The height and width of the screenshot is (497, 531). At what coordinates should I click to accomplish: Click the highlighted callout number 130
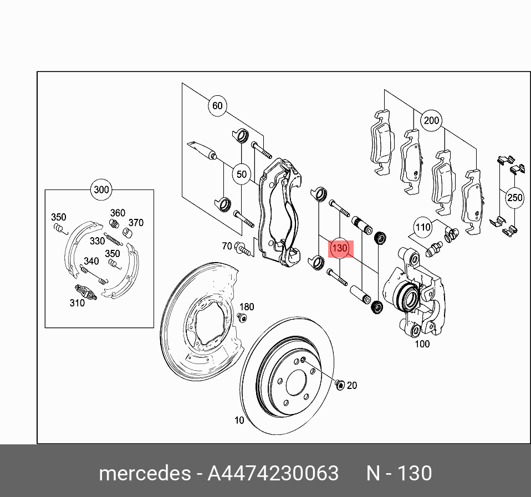coord(339,249)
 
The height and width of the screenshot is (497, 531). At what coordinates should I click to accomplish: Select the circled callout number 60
coord(217,106)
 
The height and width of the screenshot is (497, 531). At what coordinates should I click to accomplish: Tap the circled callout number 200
coord(431,120)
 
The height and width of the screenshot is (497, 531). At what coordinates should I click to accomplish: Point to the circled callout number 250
coord(514,198)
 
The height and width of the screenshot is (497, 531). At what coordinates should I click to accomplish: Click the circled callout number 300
coord(101,190)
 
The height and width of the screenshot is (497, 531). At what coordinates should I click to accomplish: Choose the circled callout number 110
coord(423,227)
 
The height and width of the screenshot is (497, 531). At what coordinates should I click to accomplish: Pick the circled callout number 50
coord(242,174)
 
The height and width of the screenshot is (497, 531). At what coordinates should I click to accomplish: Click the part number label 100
coord(422,344)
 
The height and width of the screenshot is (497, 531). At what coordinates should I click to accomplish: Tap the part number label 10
coord(239,421)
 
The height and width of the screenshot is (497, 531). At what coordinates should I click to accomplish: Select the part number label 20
coord(352,386)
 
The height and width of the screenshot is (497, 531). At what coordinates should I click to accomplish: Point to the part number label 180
coord(246,307)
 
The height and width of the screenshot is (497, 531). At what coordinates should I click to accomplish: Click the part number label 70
coord(227,246)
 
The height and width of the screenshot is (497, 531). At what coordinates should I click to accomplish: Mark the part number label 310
coord(77,303)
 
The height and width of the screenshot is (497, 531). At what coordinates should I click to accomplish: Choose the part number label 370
coord(136,223)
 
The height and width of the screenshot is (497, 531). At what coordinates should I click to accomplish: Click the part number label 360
coord(118,213)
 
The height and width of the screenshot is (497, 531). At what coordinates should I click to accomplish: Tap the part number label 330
coord(97,241)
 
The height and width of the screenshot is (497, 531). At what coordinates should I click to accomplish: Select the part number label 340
coord(91,262)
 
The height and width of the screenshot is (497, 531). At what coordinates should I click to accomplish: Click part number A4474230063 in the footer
coord(273,474)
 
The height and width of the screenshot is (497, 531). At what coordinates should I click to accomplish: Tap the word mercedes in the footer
coord(144,474)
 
